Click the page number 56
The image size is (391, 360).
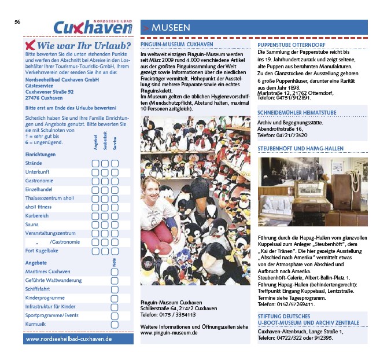pos(17,22)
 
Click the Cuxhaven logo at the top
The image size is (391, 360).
pos(93,27)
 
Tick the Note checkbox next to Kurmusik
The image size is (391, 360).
pos(115,324)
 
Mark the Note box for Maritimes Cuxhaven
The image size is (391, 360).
pos(115,271)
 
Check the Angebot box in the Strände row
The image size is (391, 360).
pos(95,163)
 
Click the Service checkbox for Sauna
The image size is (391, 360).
pos(115,224)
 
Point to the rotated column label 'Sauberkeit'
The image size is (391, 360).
pos(105,142)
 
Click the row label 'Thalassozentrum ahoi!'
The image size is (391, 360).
pos(50,198)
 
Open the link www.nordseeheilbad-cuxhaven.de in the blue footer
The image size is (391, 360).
pos(69,338)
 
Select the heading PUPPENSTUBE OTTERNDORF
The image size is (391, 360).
pos(292,45)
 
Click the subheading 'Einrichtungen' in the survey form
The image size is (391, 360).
pos(40,155)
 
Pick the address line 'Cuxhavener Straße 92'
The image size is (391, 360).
pos(50,92)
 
